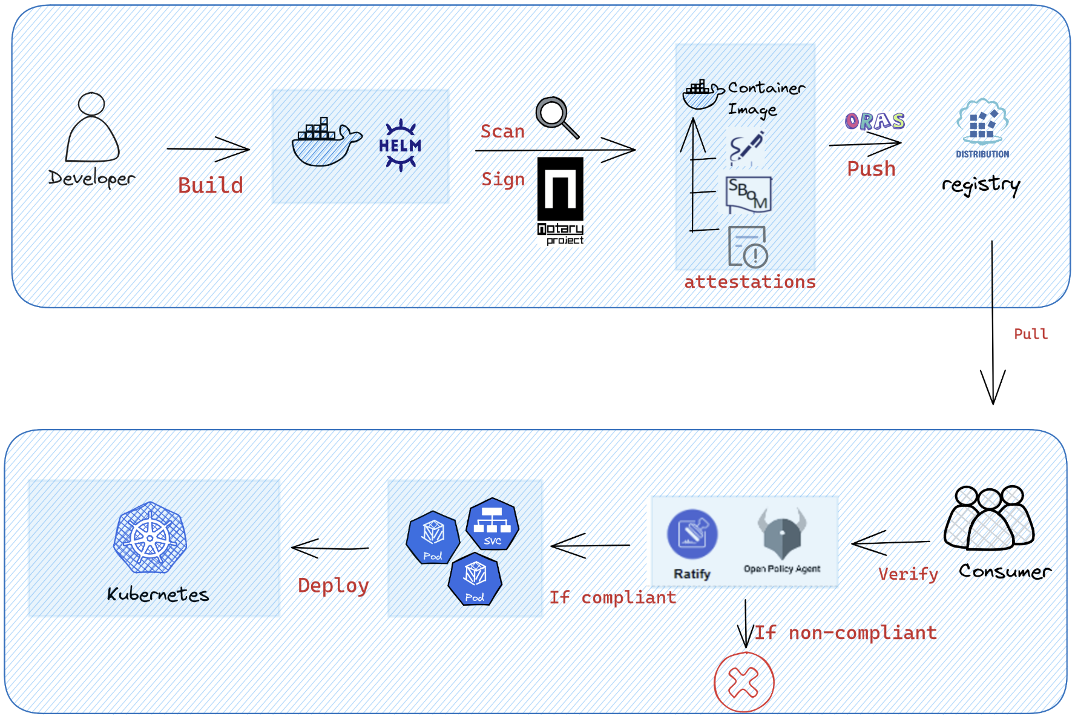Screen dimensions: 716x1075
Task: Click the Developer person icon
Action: click(92, 128)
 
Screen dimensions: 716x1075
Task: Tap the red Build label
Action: click(210, 185)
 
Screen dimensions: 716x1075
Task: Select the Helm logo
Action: click(400, 145)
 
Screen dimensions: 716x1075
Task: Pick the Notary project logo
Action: click(561, 200)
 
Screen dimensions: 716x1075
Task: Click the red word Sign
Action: click(502, 179)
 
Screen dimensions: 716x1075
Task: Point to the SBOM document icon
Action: click(748, 194)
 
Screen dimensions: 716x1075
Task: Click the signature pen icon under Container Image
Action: click(746, 148)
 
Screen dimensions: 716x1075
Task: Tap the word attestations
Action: click(749, 282)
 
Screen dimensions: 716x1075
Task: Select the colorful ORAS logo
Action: click(875, 121)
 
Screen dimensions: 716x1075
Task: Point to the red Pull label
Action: click(1030, 334)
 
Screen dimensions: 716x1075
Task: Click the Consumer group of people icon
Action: click(989, 519)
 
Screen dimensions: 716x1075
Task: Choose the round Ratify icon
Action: click(692, 534)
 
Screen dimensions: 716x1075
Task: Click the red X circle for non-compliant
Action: click(743, 682)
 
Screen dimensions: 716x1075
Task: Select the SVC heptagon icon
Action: click(492, 525)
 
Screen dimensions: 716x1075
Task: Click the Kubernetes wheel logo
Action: click(150, 537)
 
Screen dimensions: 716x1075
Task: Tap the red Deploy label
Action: click(333, 585)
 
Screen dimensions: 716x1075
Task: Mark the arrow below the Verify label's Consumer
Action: click(890, 543)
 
